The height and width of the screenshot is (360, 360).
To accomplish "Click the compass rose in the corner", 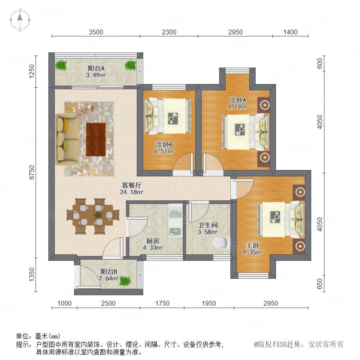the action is pyautogui.click(x=20, y=20).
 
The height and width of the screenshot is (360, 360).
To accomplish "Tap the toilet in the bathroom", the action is pyautogui.click(x=221, y=242).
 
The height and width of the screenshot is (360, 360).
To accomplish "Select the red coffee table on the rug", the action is pyautogui.click(x=96, y=139).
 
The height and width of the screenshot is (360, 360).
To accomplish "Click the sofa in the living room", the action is pyautogui.click(x=67, y=139).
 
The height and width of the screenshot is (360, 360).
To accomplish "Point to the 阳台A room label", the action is pyautogui.click(x=96, y=68).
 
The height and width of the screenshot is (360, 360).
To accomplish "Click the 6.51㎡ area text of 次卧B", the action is pyautogui.click(x=164, y=152).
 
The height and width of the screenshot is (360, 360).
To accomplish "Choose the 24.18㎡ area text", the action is pyautogui.click(x=132, y=192).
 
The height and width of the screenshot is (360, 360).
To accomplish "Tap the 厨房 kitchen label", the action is pyautogui.click(x=153, y=241).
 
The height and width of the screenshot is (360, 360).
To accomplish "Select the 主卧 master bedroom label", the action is pyautogui.click(x=252, y=246).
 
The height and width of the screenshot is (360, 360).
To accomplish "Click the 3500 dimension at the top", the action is pyautogui.click(x=96, y=32).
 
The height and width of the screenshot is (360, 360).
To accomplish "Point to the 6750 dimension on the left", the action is pyautogui.click(x=32, y=172).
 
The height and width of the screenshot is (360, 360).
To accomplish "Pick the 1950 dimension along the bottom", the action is pyautogui.click(x=209, y=303).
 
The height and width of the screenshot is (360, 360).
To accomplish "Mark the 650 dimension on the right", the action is pyautogui.click(x=320, y=284).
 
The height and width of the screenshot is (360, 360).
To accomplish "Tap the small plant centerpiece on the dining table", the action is pyautogui.click(x=98, y=215).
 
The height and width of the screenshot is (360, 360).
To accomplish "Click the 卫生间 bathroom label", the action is pyautogui.click(x=208, y=225).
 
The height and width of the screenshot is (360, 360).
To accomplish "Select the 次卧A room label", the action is pyautogui.click(x=238, y=100).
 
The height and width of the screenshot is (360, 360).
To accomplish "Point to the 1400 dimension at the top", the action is pyautogui.click(x=290, y=32).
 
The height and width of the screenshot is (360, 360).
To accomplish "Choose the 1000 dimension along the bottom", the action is pyautogui.click(x=64, y=303).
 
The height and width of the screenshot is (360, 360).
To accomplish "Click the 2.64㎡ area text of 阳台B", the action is pyautogui.click(x=108, y=278).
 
